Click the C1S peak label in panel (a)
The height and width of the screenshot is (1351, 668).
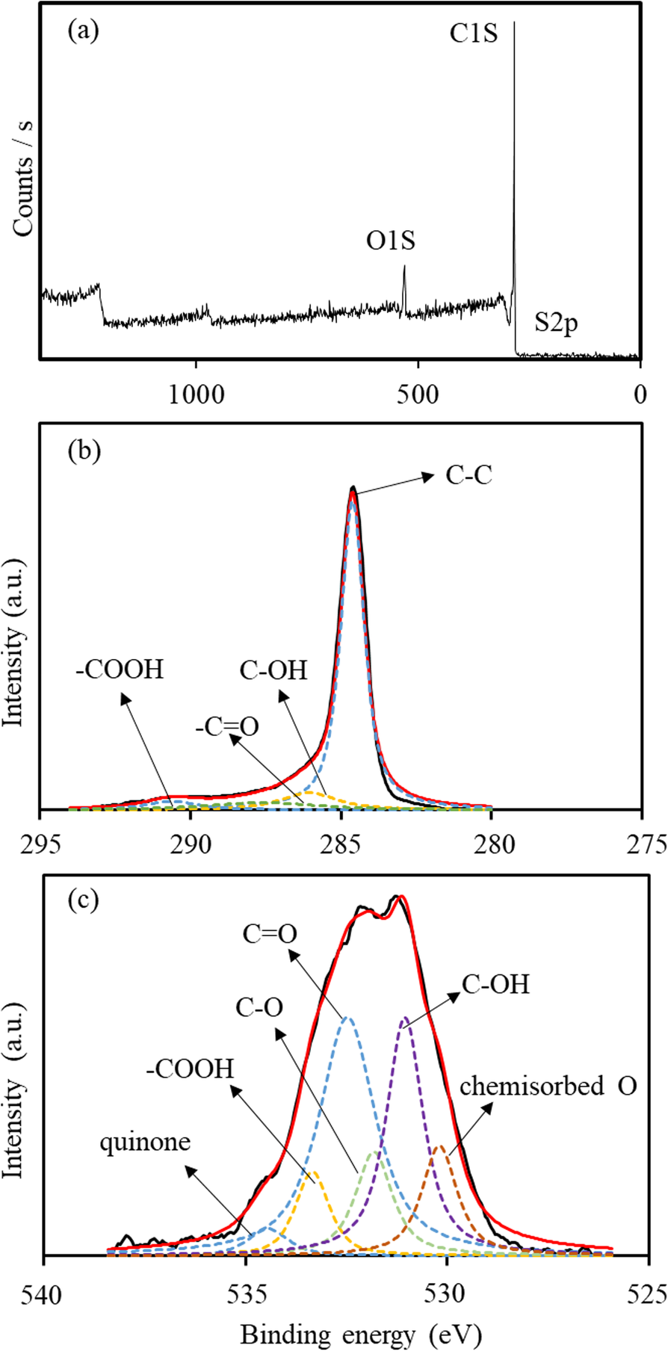pyautogui.click(x=473, y=34)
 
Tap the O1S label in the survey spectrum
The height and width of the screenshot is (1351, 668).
pyautogui.click(x=390, y=241)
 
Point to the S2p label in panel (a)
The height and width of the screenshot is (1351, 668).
pyautogui.click(x=556, y=326)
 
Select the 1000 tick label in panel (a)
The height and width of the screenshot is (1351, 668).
pyautogui.click(x=195, y=394)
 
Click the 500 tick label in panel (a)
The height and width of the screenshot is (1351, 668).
pyautogui.click(x=417, y=394)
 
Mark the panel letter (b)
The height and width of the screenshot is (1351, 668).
pyautogui.click(x=84, y=451)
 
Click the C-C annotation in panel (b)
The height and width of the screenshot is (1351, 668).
pyautogui.click(x=469, y=476)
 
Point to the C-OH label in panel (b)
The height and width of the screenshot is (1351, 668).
pyautogui.click(x=273, y=670)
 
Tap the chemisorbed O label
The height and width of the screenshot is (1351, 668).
pyautogui.click(x=548, y=1086)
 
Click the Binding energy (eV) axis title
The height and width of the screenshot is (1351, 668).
pyautogui.click(x=361, y=1334)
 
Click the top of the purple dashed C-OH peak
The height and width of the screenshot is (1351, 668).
pyautogui.click(x=405, y=1018)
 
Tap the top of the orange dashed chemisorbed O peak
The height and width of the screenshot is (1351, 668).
pyautogui.click(x=439, y=1146)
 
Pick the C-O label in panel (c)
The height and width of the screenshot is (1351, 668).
pyautogui.click(x=259, y=1008)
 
